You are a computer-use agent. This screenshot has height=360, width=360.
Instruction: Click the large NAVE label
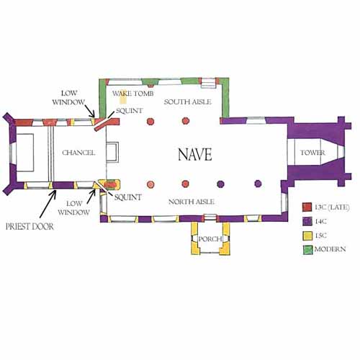(195, 154)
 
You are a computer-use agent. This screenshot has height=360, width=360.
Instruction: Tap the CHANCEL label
(78, 153)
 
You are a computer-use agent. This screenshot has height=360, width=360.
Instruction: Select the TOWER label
(312, 153)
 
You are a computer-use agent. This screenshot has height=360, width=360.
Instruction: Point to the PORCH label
(210, 239)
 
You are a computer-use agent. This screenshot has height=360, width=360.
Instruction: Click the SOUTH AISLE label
(188, 102)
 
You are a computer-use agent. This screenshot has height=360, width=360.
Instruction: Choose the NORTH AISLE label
(192, 202)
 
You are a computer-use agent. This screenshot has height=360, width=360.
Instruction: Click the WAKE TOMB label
(133, 94)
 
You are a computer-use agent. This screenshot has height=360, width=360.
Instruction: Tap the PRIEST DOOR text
(30, 227)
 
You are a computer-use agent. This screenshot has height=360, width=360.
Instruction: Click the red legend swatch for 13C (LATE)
(307, 207)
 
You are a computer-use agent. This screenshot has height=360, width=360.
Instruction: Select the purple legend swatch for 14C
(307, 221)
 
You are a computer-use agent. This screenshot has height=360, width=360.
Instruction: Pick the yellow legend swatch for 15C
(307, 235)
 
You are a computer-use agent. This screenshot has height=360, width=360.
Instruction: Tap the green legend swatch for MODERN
(307, 250)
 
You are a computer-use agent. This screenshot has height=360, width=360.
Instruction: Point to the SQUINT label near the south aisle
(129, 111)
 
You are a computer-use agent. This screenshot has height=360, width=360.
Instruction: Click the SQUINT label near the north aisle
(127, 197)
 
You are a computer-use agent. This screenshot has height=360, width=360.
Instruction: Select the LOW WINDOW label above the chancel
(68, 98)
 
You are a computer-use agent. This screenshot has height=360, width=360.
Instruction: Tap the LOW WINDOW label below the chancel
(73, 208)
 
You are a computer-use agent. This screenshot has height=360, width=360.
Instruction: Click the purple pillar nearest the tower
(258, 184)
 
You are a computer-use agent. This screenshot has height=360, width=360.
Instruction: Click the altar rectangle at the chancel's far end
(25, 153)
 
